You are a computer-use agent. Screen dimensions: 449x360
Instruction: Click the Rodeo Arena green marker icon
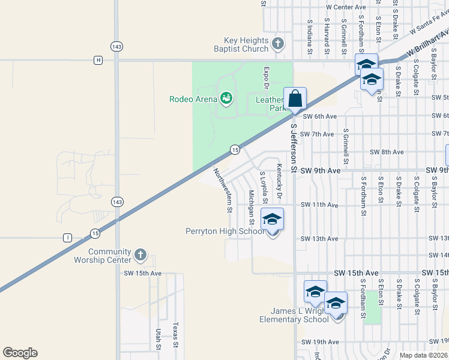point(226,97)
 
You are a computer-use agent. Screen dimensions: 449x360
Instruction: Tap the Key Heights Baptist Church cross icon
point(277,43)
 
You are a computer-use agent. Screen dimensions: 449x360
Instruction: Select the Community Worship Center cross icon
point(140,255)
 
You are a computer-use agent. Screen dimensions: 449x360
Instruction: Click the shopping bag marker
point(295,98)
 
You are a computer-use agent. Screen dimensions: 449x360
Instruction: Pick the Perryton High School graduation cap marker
point(272,220)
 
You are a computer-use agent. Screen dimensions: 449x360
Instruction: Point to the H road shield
point(98,60)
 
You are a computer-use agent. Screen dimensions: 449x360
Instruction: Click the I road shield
point(68,238)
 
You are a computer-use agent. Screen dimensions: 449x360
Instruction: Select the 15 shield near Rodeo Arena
point(235,149)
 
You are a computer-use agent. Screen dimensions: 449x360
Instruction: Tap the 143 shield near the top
point(116,46)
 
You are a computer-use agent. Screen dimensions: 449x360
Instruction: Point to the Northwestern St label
point(221,190)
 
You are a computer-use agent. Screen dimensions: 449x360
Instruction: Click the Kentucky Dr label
point(279,182)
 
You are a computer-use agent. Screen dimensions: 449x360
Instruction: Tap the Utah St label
point(158,339)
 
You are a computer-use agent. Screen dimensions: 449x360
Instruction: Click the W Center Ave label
point(346,7)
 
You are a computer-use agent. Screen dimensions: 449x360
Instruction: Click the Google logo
point(20,353)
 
